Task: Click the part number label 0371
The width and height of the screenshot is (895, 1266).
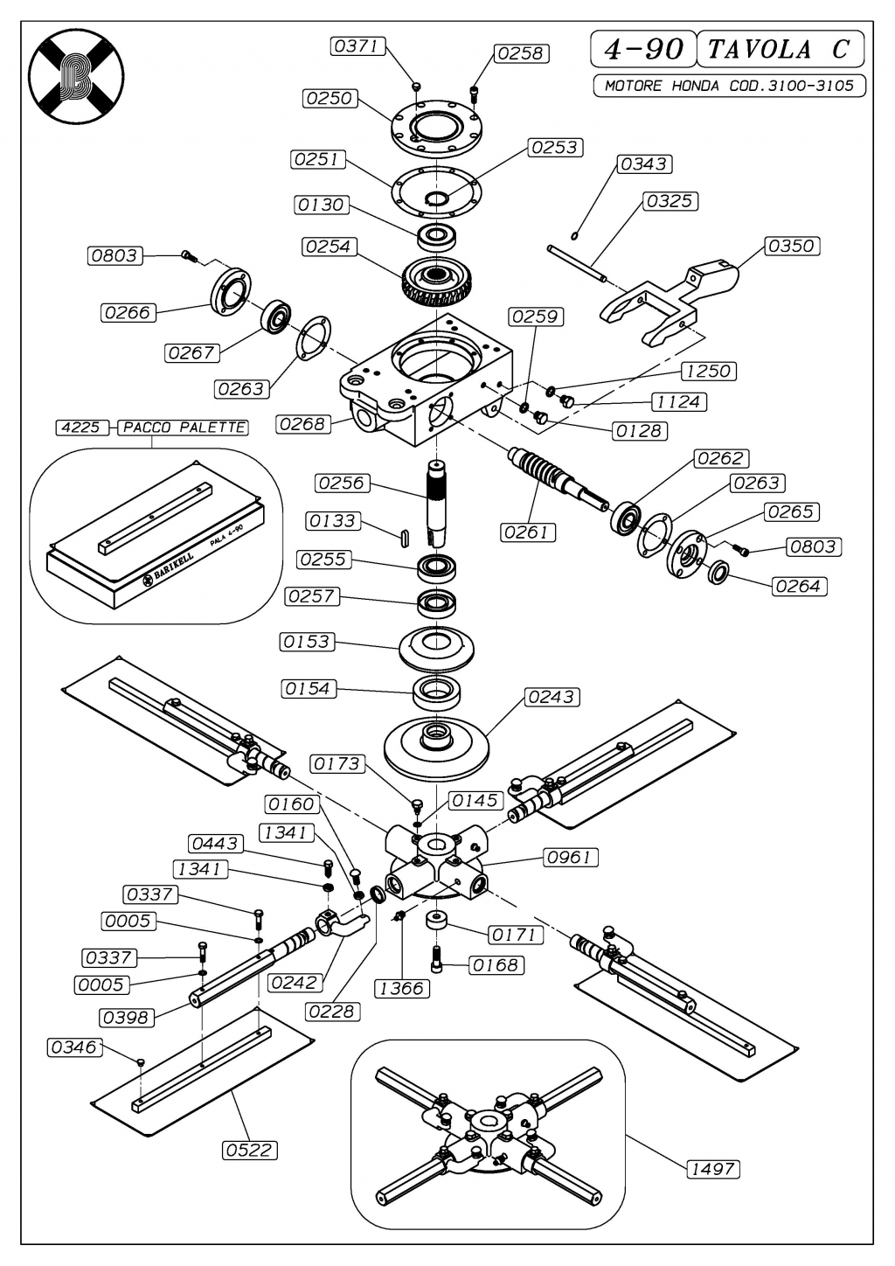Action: [x=357, y=46]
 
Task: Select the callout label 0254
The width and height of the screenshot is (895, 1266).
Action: [x=329, y=247]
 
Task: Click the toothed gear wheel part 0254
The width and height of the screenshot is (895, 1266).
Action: [x=435, y=281]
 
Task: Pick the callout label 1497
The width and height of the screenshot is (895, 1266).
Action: [x=712, y=1169]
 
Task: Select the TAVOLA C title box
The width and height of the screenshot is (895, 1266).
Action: [x=781, y=50]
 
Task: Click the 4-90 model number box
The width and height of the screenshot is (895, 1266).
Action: [x=643, y=50]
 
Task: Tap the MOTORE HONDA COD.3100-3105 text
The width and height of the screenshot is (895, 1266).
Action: [x=729, y=86]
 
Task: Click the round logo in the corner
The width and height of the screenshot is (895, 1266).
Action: [x=77, y=76]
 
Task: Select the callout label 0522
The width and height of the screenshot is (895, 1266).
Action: [x=249, y=1150]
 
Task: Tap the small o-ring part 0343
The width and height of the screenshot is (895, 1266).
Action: [x=574, y=235]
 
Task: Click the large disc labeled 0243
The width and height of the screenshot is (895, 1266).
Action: [x=436, y=747]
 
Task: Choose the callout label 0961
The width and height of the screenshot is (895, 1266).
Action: [x=571, y=858]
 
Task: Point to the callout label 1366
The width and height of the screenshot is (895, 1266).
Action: [x=402, y=989]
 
